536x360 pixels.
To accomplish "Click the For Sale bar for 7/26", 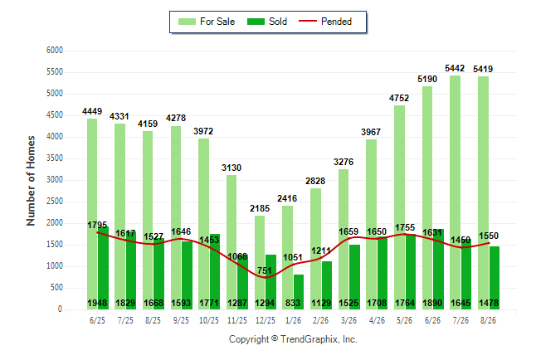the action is pos(455,192).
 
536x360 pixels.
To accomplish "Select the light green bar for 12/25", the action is pos(260,263).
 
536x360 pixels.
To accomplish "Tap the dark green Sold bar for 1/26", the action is pos(299,292).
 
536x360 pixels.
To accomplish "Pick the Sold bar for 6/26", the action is pos(439,270).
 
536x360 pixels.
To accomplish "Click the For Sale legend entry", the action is pos(207,22).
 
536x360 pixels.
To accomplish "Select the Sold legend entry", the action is pos(267,22).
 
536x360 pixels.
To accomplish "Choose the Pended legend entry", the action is pos(325,22).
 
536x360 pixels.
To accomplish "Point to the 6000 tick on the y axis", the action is pos(55,51).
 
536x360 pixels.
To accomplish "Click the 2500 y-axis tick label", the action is pos(55,202).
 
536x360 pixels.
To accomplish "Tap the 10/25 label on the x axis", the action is pos(209,320).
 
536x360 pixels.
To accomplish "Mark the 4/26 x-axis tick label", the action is pos(377,320).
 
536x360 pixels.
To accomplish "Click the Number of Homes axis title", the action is pos(31,181).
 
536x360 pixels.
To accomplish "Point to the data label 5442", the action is pos(455,68).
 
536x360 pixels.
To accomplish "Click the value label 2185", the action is pos(260,208).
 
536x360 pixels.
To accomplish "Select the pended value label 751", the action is pos(265,270).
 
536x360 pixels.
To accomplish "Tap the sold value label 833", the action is pos(293,303).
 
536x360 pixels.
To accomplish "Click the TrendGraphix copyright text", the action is pos(293,339).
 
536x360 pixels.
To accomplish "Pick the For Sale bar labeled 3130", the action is pos(231,242).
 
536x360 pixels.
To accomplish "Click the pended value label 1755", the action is pos(405,227).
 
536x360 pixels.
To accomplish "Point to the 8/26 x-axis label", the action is pos(488,320).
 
